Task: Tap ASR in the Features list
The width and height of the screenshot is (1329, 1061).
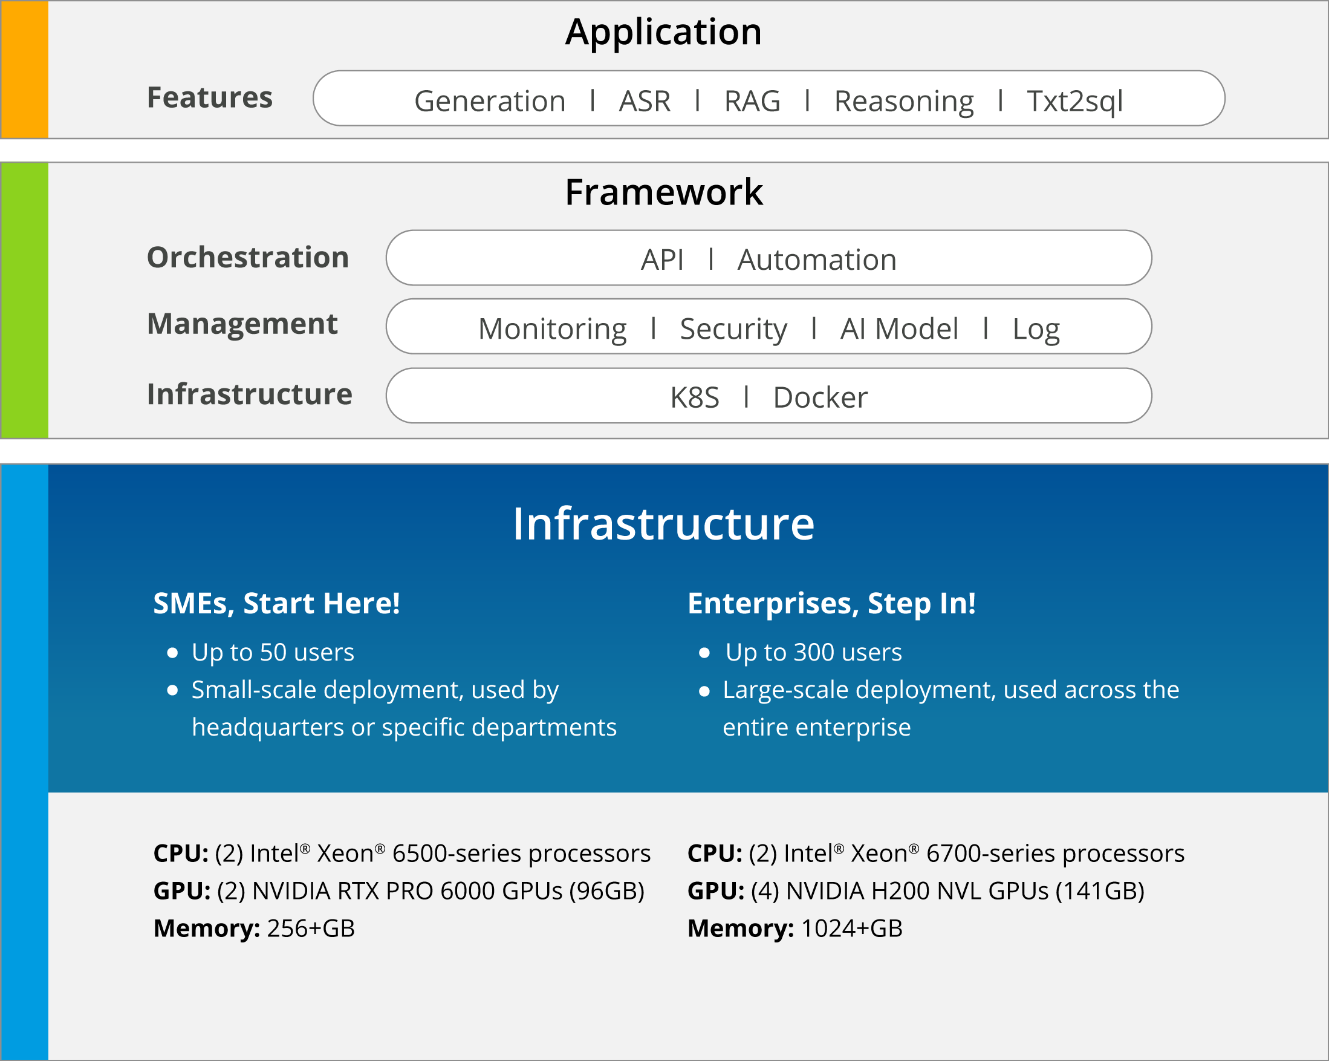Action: click(645, 101)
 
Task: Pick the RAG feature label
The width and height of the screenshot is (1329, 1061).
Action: click(752, 101)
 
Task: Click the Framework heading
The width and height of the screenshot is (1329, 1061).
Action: click(664, 192)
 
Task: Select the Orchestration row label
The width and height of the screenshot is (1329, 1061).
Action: click(248, 257)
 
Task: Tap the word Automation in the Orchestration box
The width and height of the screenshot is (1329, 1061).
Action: click(817, 260)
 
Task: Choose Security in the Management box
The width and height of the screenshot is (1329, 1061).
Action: click(733, 330)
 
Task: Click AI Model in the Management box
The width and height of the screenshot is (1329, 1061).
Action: click(899, 329)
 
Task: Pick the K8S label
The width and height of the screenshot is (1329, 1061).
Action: click(695, 398)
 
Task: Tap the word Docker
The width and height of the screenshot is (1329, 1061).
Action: click(820, 398)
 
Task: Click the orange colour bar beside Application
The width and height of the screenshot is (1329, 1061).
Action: click(25, 69)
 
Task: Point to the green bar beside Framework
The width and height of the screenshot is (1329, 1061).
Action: click(25, 301)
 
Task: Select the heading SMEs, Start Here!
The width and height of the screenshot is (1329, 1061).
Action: click(277, 603)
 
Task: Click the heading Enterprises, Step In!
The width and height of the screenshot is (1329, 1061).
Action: click(831, 604)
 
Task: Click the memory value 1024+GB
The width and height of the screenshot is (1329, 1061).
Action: click(852, 929)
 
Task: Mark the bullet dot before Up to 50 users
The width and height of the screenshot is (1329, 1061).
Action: click(172, 653)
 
